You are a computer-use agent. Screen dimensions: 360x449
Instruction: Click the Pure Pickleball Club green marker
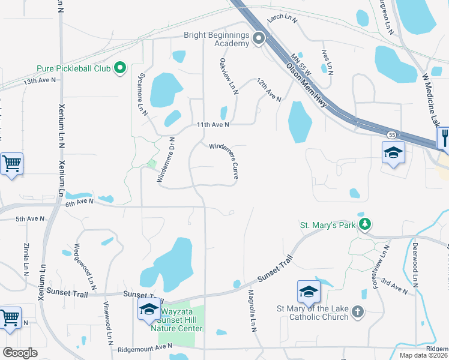(119, 68)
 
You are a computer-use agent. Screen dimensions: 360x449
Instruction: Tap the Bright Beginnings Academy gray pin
(259, 39)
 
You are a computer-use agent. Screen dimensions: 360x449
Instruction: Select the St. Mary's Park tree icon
(364, 225)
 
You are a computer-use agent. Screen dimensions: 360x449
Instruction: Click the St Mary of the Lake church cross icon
(357, 311)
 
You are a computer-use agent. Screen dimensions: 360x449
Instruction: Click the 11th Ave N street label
(214, 125)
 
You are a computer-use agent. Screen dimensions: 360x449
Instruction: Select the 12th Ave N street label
(268, 89)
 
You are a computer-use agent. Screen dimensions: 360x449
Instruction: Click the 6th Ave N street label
(80, 203)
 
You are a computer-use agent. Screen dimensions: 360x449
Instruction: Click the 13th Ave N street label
(40, 80)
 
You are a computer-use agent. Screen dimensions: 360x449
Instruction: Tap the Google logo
(20, 353)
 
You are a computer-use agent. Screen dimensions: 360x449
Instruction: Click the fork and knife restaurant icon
(444, 136)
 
